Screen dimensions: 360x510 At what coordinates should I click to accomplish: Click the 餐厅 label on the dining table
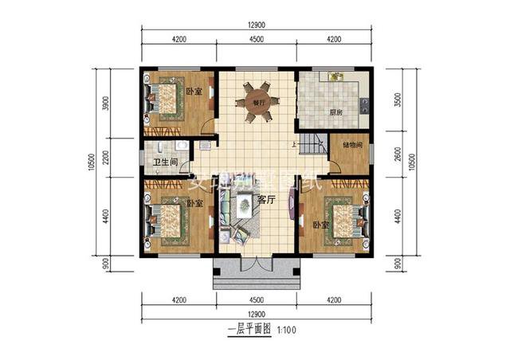point(257,103)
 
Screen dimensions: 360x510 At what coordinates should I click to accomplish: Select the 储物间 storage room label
point(352,145)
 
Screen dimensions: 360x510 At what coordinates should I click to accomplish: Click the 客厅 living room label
point(266,199)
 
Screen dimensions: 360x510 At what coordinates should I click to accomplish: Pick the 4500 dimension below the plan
point(256,300)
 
